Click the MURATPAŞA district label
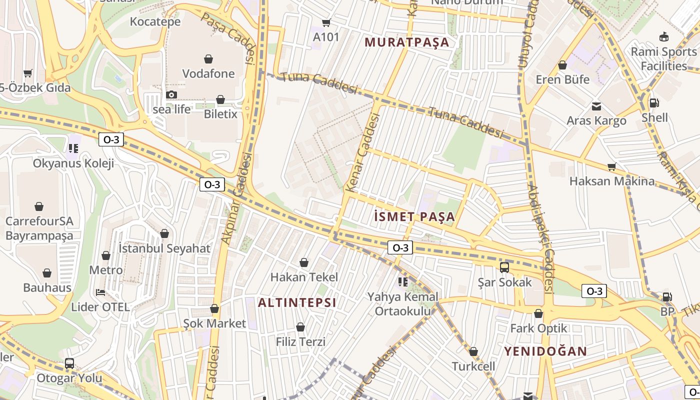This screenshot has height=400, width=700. coord(407,42)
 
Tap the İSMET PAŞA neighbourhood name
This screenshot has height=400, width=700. coord(414,216)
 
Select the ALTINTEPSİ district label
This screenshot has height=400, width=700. coord(297,302)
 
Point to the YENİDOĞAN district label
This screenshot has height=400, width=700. coord(545,351)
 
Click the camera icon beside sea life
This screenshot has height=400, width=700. coord(171,95)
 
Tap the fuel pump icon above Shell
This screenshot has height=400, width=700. coord(654,103)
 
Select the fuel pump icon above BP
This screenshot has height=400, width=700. coord(667,297)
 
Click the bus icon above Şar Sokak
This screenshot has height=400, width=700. coord(504,267)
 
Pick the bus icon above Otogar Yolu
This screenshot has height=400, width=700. coord(69,363)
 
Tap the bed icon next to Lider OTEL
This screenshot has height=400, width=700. coord(100,292)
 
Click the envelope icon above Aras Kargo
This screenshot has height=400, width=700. coord(596,106)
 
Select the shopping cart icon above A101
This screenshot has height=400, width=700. coord(326,22)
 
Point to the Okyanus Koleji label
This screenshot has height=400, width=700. coord(73,163)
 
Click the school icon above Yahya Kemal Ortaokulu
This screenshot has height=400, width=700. coord(402,282)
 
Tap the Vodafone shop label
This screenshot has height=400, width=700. coord(208,73)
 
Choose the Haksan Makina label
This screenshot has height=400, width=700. coord(611,181)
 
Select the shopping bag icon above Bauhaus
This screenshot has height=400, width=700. coord(47,273)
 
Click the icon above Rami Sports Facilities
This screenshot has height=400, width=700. coord(664,37)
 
